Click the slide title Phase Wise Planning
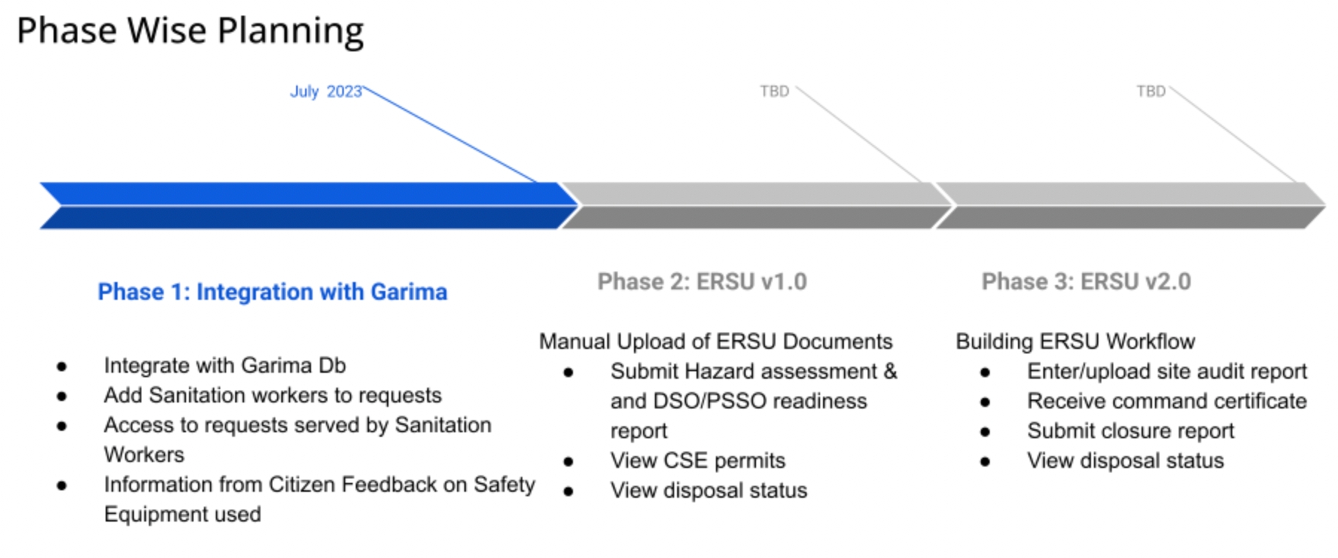click(x=190, y=31)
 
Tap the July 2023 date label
click(x=325, y=92)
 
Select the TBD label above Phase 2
click(x=774, y=92)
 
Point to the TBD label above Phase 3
click(x=1150, y=92)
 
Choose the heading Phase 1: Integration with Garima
click(x=272, y=292)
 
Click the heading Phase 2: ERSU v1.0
click(x=702, y=281)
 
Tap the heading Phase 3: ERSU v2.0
click(x=1086, y=281)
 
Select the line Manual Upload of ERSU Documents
click(x=715, y=341)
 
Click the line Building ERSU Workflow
click(x=1075, y=341)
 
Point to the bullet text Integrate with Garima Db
click(x=225, y=365)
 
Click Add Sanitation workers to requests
click(x=272, y=395)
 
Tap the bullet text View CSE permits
click(x=697, y=461)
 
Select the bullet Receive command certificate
click(x=1166, y=401)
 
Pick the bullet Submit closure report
click(x=1130, y=431)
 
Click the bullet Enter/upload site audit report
click(x=1166, y=371)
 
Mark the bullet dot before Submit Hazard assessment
click(x=569, y=372)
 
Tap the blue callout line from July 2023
click(x=450, y=135)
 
